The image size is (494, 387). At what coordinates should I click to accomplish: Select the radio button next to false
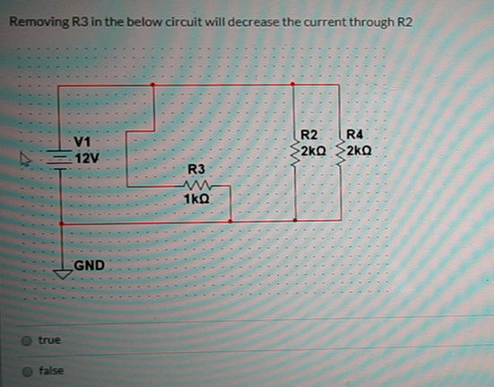[x=28, y=370]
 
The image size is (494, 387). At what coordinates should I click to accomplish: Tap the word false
[x=51, y=370]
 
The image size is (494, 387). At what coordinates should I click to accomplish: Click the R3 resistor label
[x=195, y=170]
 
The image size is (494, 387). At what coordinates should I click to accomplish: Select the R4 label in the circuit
[x=356, y=136]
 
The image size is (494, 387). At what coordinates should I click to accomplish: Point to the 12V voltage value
[x=87, y=158]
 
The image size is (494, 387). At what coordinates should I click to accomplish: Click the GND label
[x=91, y=265]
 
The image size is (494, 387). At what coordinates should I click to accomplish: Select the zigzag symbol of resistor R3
[x=196, y=185]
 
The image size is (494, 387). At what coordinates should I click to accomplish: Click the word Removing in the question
[x=35, y=21]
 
